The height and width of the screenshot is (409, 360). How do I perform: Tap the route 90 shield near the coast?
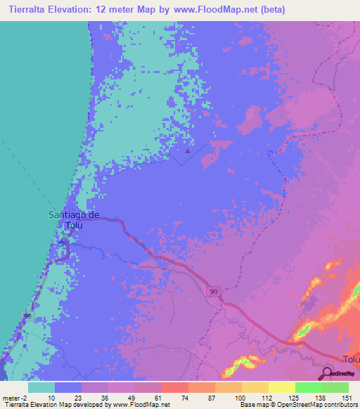(27, 317)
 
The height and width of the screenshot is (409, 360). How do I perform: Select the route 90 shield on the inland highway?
(212, 290)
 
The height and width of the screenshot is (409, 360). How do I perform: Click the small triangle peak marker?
(187, 150)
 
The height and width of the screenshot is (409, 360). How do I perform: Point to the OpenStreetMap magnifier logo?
(328, 373)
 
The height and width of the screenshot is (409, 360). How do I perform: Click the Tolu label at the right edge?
(350, 358)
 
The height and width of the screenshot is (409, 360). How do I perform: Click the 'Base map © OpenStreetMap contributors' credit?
(297, 405)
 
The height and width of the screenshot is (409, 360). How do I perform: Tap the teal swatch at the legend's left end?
(41, 387)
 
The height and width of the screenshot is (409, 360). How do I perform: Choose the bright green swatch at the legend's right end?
(335, 387)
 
